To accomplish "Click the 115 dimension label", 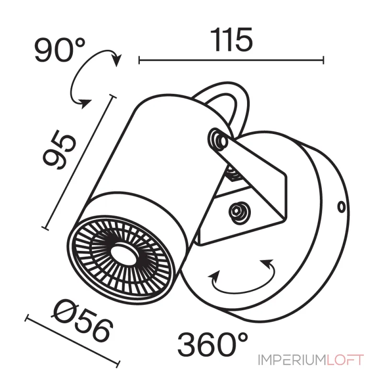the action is click(231, 40).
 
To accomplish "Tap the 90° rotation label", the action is click(60, 50).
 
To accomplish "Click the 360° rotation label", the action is click(213, 344).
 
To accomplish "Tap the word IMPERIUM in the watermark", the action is click(292, 360).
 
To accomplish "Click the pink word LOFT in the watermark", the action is click(345, 360).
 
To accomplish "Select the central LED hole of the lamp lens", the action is click(124, 254).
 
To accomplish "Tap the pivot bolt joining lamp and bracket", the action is click(218, 140).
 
